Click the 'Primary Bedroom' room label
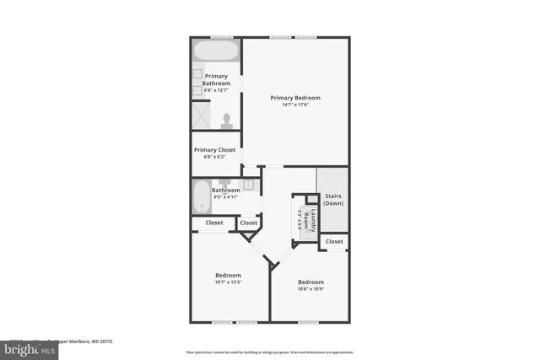tap(295, 98)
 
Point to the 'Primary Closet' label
tap(214, 150)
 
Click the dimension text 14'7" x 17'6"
tap(295, 105)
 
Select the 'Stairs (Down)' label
tap(333, 200)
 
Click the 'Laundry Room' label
tap(308, 221)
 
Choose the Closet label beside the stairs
tap(334, 242)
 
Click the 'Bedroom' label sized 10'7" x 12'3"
tap(228, 275)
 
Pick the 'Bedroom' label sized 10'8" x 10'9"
tap(310, 282)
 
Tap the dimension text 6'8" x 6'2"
tap(214, 157)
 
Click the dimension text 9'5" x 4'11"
tap(226, 196)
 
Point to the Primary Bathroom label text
tap(215, 79)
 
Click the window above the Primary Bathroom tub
tap(221, 36)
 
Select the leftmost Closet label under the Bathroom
tap(214, 223)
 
